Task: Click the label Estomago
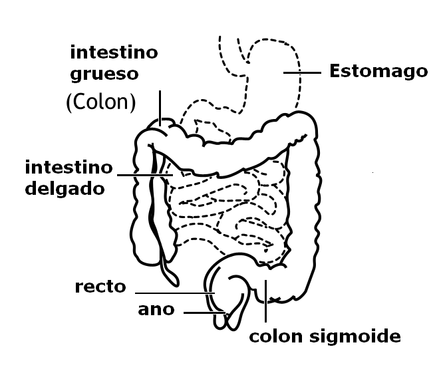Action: click(x=378, y=71)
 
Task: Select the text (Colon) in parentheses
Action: click(x=101, y=102)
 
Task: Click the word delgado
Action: click(x=65, y=188)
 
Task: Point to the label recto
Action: click(x=100, y=287)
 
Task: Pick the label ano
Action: click(x=156, y=310)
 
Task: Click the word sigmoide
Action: click(x=355, y=337)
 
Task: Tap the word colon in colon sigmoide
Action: click(x=276, y=336)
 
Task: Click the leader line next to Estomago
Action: click(x=302, y=72)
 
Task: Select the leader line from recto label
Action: click(x=175, y=293)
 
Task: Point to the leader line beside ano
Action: click(x=205, y=313)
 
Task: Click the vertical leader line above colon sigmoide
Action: click(x=265, y=301)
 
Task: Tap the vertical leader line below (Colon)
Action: click(x=160, y=108)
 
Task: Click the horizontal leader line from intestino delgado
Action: click(x=145, y=175)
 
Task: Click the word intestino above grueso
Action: click(x=114, y=53)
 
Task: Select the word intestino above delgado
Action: click(x=69, y=168)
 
